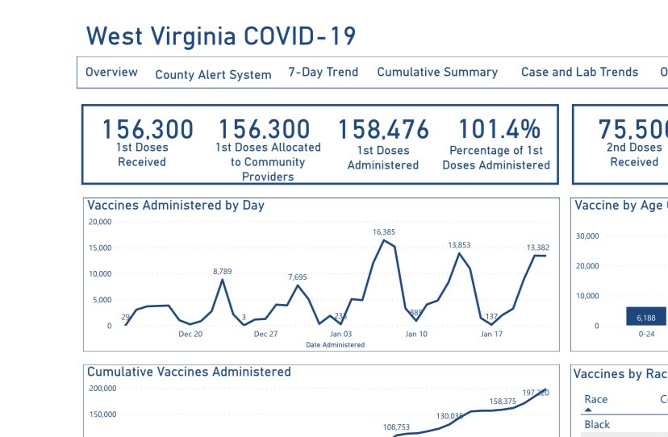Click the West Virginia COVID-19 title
220,36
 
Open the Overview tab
111,73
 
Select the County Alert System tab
213,75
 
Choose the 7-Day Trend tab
323,73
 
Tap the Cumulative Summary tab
437,73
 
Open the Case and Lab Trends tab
579,73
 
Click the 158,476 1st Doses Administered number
383,130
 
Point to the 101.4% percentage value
499,130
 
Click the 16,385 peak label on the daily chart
384,232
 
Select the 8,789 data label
223,272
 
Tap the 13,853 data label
459,245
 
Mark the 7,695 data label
298,277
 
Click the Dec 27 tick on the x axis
265,334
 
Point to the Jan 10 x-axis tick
416,334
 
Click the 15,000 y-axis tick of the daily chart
102,248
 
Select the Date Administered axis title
335,345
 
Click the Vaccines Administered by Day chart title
176,206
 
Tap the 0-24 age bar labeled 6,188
645,317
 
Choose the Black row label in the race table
597,424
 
